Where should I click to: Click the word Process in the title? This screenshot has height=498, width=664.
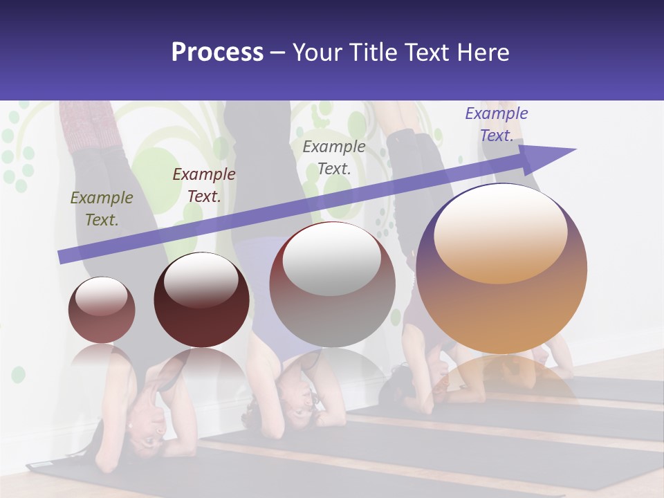point(217,53)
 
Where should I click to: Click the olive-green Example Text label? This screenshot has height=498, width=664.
point(101,209)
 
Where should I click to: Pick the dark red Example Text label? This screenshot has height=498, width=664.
point(203,185)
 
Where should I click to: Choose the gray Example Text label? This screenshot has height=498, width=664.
point(334,157)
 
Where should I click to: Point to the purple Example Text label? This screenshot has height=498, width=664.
point(496,124)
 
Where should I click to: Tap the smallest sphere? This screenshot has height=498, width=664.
point(102,310)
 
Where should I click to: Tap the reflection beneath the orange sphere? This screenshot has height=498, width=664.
point(501,377)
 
